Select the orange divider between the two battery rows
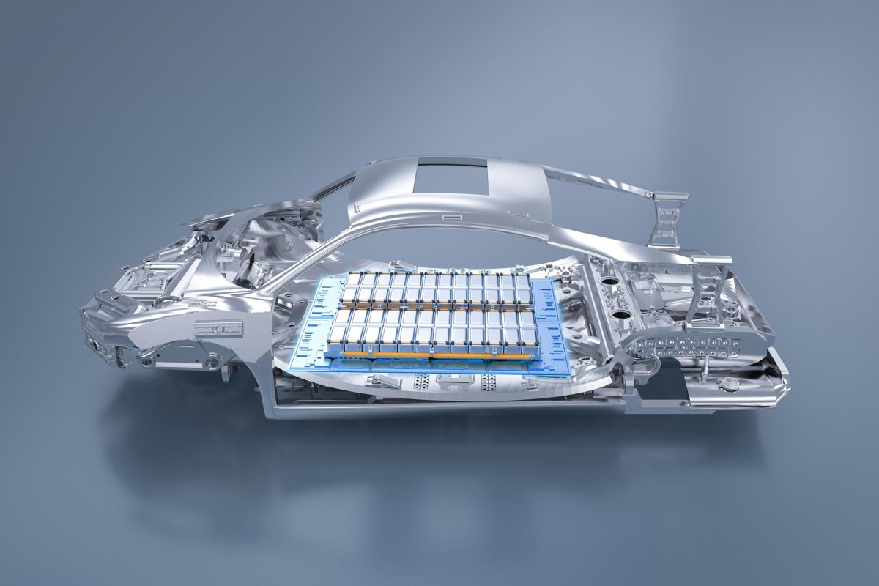(x=432, y=307)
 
